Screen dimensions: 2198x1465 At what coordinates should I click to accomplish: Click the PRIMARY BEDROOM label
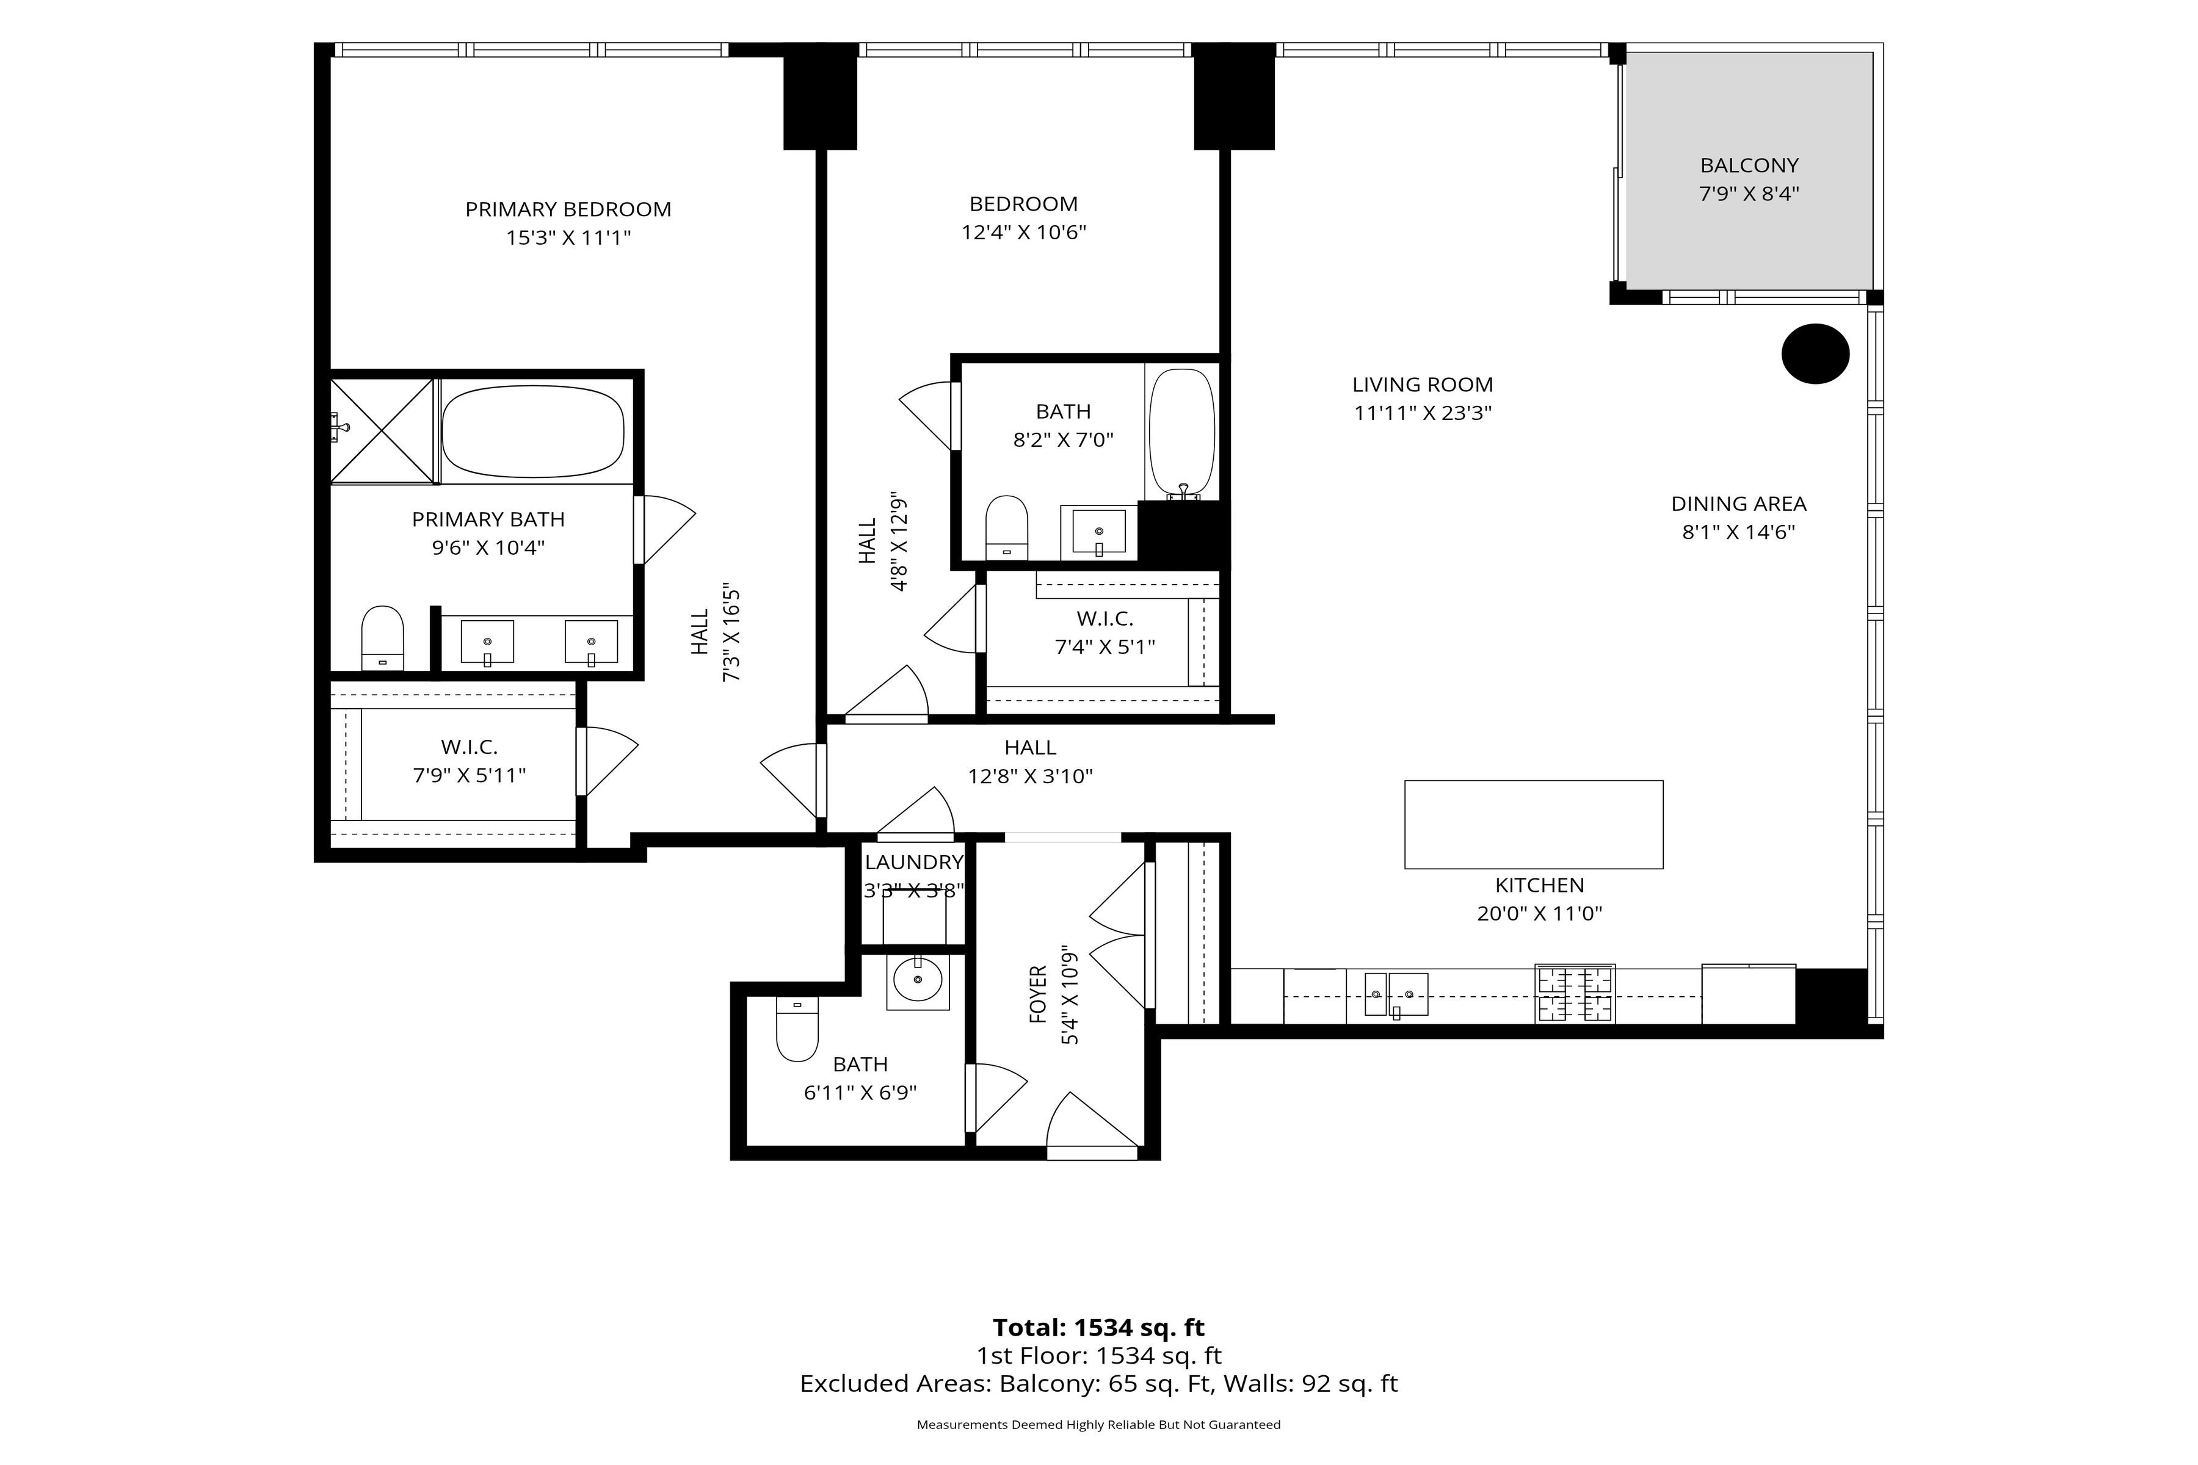click(568, 209)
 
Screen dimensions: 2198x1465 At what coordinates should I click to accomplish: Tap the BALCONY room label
click(1749, 165)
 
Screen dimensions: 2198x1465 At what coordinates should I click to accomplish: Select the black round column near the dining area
click(1815, 353)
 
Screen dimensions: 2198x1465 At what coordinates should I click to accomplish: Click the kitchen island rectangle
click(1534, 824)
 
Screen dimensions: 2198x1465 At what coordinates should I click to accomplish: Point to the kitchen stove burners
click(1575, 994)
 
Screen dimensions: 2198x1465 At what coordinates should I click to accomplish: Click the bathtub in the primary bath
click(532, 432)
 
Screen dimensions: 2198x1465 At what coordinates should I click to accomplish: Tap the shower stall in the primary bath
click(383, 431)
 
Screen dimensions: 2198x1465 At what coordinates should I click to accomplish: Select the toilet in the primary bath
click(382, 638)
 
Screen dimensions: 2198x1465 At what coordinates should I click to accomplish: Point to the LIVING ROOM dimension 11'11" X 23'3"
click(1423, 413)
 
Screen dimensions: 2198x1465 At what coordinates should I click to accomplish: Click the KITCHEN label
click(1539, 884)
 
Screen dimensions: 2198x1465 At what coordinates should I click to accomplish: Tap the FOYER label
click(1037, 994)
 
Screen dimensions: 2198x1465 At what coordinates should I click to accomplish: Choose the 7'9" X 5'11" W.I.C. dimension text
click(469, 775)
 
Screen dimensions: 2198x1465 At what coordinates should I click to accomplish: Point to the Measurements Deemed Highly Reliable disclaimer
click(1098, 1425)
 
